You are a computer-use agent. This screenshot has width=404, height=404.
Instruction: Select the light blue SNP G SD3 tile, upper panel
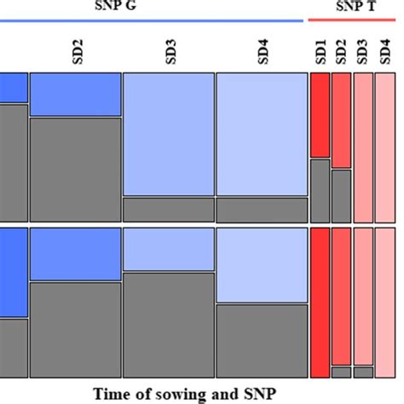[x=168, y=135]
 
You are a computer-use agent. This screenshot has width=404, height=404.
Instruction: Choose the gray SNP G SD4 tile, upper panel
[x=261, y=210]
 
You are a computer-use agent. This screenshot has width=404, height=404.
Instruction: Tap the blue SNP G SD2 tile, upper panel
[x=75, y=95]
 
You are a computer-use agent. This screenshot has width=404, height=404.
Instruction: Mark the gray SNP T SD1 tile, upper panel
[x=320, y=190]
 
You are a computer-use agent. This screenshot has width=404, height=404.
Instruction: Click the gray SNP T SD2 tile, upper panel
[x=341, y=195]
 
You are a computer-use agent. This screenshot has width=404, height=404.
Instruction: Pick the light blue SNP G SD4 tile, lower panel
[x=261, y=265]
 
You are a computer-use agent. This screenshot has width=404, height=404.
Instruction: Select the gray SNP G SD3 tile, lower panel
[x=168, y=325]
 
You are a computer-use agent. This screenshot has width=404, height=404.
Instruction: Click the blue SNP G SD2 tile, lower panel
[x=75, y=254]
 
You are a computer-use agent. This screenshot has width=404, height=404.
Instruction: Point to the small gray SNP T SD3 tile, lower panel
[x=362, y=372]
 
